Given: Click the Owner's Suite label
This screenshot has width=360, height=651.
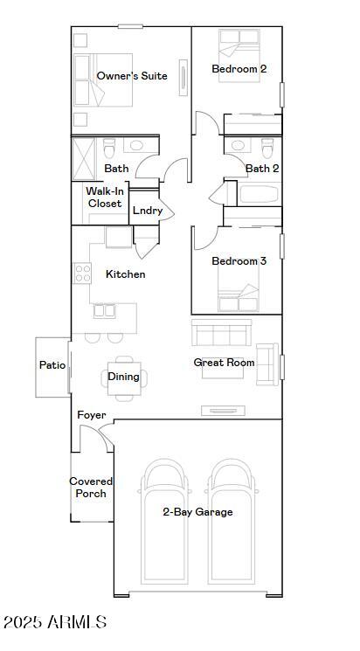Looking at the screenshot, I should pos(132,76).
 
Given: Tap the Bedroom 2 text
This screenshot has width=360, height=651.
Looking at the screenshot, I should pos(239,69).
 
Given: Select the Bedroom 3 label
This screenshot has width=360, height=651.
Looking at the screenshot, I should pos(239,261).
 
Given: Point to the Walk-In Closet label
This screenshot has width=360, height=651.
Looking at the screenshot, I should pos(104,197).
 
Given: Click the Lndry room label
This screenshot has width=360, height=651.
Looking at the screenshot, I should pos(147,211).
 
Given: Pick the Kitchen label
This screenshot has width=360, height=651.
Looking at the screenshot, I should pos(125,274).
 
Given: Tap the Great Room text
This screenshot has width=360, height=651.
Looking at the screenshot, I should pos(224,363).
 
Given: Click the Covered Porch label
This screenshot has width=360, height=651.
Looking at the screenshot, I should pos(91,488).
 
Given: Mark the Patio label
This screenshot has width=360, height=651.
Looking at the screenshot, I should pos(52,365).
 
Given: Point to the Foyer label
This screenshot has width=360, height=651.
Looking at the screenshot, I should pos(92,415).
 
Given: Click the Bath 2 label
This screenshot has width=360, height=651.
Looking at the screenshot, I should pos(262,169).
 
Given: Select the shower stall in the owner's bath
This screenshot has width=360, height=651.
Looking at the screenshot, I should pos(84,157).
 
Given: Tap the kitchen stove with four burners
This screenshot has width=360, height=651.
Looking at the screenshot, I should pos(83,273).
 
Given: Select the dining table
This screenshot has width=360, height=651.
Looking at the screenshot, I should pos(123,377).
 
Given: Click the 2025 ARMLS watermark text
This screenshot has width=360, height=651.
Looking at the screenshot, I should pos(54,622).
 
